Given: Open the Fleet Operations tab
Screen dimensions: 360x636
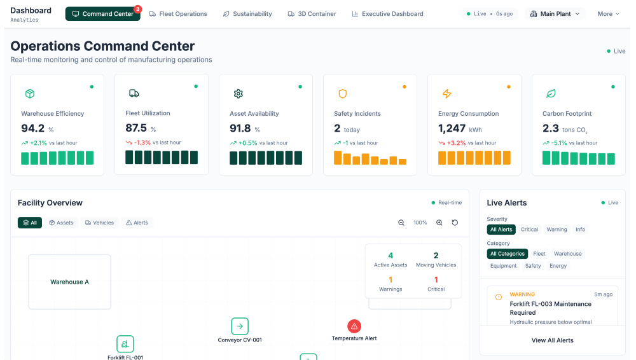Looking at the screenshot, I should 178,14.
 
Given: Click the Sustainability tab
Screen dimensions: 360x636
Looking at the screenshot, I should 247,14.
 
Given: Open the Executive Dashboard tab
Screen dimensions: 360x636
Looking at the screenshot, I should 387,14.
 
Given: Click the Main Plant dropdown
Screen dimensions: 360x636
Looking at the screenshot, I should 555,14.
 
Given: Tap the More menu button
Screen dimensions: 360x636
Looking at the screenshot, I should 608,14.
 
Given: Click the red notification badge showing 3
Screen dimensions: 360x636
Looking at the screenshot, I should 137,10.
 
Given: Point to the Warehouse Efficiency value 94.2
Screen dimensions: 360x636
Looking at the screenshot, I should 33,128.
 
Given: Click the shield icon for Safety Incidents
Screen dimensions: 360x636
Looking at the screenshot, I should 343,94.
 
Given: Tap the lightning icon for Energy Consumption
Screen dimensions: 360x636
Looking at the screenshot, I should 446,94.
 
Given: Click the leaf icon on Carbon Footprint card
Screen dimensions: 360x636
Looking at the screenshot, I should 551,94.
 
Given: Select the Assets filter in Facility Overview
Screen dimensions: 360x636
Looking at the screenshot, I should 61,223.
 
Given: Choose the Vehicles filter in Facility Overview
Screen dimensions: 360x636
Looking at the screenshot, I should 99,223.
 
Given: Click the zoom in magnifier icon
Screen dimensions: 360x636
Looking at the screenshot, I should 439,223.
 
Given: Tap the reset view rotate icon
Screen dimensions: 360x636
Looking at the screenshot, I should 455,223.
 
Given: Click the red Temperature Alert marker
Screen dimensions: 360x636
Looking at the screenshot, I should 354,326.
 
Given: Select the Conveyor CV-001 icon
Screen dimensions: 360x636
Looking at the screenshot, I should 240,326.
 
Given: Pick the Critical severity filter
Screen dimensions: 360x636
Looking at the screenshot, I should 529,230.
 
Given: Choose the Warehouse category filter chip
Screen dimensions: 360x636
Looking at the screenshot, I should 567,254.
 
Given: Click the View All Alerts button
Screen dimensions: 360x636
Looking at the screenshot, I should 552,340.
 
